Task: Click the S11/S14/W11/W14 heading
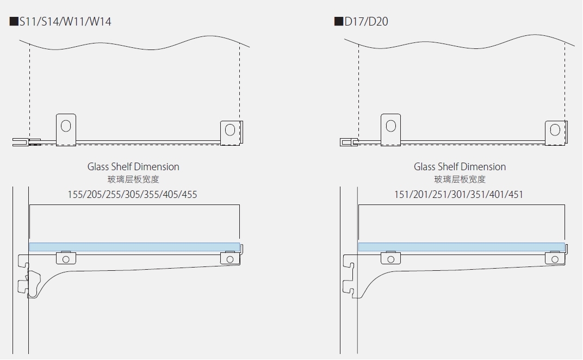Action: pyautogui.click(x=65, y=22)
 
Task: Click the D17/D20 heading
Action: pyautogui.click(x=366, y=22)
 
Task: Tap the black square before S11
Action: pyautogui.click(x=14, y=22)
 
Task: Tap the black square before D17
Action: pyautogui.click(x=338, y=22)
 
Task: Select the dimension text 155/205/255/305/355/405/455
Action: pyautogui.click(x=132, y=194)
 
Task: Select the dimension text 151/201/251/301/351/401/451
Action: pyautogui.click(x=458, y=194)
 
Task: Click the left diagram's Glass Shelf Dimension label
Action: pyautogui.click(x=133, y=167)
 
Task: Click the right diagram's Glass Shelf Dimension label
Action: pyautogui.click(x=460, y=167)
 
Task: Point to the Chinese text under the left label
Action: pyautogui.click(x=133, y=179)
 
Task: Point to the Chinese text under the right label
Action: pyautogui.click(x=460, y=179)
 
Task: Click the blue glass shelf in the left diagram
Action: pyautogui.click(x=134, y=247)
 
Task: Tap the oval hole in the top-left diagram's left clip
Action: pyautogui.click(x=66, y=126)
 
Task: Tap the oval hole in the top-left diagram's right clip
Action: pyautogui.click(x=230, y=129)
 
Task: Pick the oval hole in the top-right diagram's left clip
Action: pyautogui.click(x=390, y=126)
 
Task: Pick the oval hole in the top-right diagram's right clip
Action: pyautogui.click(x=555, y=129)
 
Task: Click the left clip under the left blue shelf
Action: pyautogui.click(x=66, y=257)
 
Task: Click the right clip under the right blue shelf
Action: pyautogui.click(x=555, y=258)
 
